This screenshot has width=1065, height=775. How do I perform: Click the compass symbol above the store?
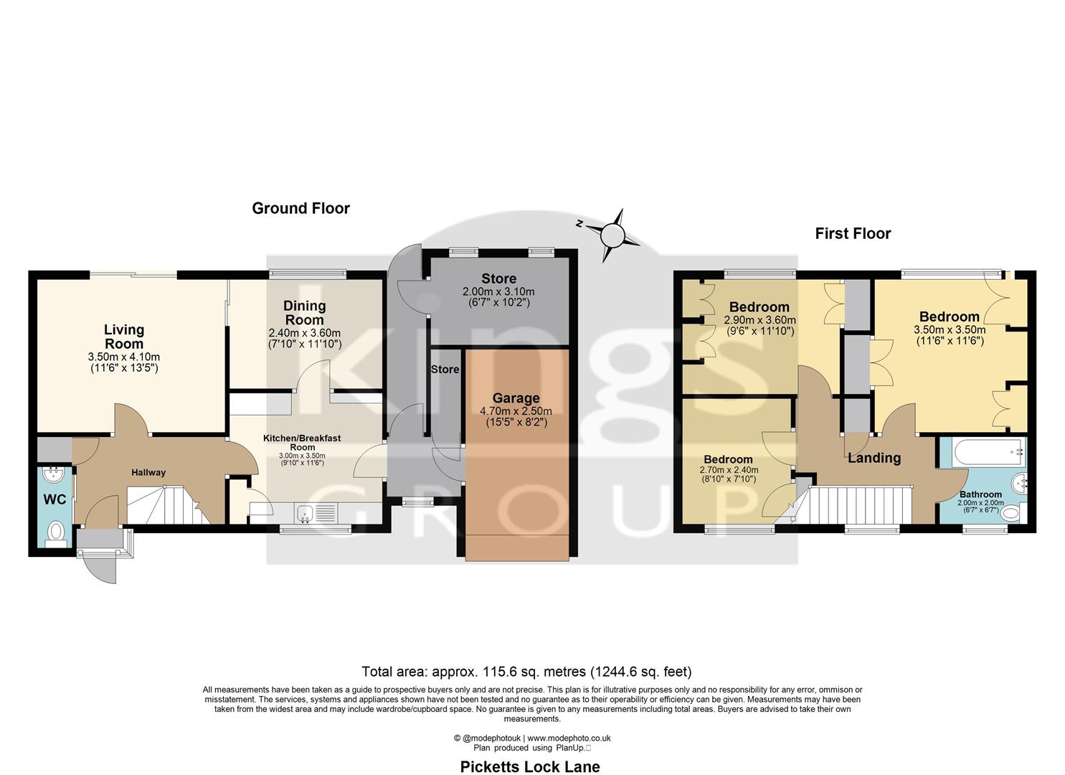click(x=612, y=235)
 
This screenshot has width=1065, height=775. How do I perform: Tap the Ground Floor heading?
click(x=300, y=209)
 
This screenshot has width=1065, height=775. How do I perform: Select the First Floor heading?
click(x=853, y=234)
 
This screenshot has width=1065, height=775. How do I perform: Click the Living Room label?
click(x=124, y=337)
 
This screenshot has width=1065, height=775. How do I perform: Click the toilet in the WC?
click(x=55, y=532)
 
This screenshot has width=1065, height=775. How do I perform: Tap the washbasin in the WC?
click(x=52, y=474)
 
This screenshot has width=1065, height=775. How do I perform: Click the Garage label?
click(x=516, y=398)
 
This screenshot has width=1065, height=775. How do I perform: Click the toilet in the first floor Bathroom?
click(x=1011, y=512)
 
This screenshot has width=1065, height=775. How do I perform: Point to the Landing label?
click(x=874, y=458)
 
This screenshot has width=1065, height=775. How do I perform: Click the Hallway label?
click(x=148, y=472)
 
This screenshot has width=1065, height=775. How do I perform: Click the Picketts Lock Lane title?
click(x=529, y=766)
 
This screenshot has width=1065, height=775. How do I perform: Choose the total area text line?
click(x=526, y=672)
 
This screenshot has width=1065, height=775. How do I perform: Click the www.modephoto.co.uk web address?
click(x=569, y=738)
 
